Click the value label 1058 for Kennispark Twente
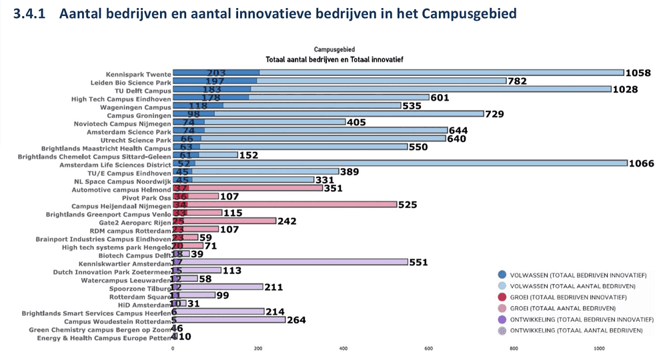coord(637,73)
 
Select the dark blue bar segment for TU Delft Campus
coord(212,89)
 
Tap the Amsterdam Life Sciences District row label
coord(115,163)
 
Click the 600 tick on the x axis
coord(429,348)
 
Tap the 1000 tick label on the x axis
coord(599,348)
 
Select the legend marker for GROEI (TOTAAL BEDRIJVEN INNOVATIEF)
coord(502,297)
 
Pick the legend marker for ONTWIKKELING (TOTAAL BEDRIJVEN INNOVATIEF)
coord(502,319)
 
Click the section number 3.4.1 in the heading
coord(32,13)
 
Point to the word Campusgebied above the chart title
coord(334,49)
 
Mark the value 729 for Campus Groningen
coord(495,114)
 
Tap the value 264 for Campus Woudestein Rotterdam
coord(296,320)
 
